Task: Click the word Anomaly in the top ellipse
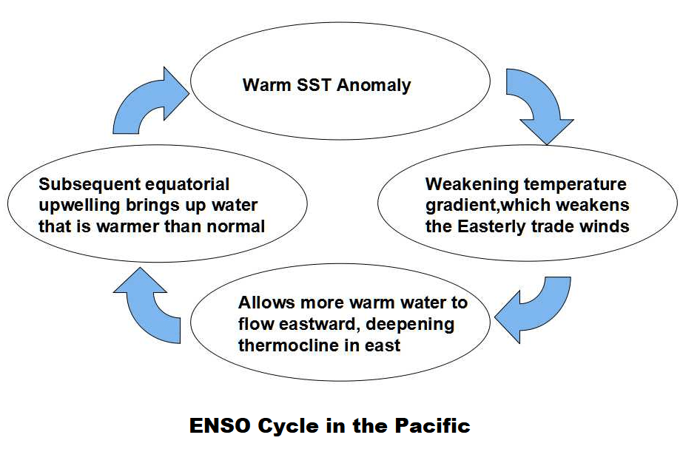(x=374, y=85)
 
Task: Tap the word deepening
(x=410, y=325)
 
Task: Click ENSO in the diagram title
(x=220, y=426)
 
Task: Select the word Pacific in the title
(x=433, y=426)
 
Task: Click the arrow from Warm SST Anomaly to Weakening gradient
(x=539, y=102)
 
